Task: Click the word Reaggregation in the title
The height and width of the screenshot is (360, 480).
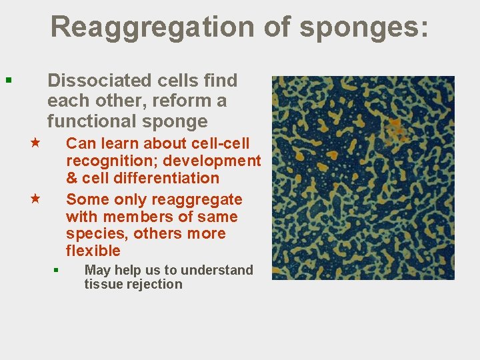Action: pyautogui.click(x=151, y=27)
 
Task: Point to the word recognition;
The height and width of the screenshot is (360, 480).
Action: pyautogui.click(x=107, y=161)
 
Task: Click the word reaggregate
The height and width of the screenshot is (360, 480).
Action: pyautogui.click(x=197, y=199)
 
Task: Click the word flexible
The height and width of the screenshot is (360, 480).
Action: pyautogui.click(x=93, y=251)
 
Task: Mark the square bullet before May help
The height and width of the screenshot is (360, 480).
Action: pyautogui.click(x=57, y=270)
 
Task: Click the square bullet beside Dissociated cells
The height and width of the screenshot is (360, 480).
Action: pyautogui.click(x=8, y=81)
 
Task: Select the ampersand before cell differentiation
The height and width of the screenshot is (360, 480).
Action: pyautogui.click(x=73, y=178)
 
